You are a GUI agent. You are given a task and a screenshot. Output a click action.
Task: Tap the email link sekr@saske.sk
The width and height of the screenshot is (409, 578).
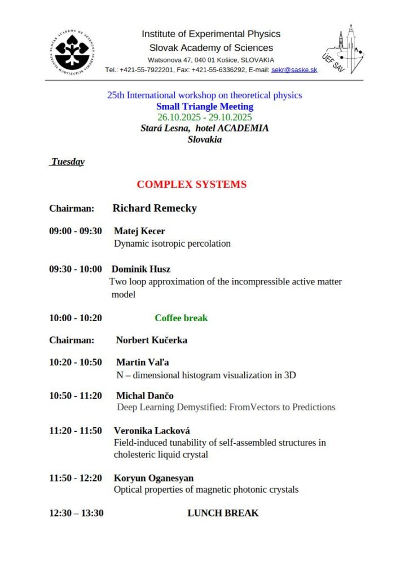(294, 69)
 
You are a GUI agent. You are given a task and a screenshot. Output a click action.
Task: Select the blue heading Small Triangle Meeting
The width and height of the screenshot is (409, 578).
(204, 106)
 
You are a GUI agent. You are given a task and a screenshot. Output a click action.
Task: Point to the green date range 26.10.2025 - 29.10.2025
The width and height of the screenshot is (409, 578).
(204, 117)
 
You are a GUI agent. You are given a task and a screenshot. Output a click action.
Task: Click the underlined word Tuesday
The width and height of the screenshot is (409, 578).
(68, 162)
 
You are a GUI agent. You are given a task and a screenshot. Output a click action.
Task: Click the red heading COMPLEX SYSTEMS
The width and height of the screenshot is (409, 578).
(191, 185)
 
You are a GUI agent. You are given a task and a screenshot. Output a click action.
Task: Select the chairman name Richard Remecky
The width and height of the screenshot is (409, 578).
(155, 208)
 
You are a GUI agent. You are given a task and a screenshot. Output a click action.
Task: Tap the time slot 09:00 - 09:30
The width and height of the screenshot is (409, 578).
(76, 231)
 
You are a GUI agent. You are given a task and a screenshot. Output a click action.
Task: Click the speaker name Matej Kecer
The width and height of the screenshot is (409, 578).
(139, 231)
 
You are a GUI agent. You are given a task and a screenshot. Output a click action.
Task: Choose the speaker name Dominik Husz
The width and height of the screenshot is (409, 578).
(141, 269)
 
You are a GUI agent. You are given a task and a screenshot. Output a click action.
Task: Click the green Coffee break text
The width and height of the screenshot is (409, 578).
(181, 318)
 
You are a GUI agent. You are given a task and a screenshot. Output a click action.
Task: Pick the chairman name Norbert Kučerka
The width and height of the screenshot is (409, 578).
(151, 340)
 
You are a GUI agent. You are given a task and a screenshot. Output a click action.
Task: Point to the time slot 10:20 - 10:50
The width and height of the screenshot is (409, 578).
(76, 362)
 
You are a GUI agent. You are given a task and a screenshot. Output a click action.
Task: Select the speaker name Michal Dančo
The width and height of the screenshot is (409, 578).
(145, 396)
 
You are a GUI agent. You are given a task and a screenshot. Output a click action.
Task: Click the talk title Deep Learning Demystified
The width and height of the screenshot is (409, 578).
(226, 408)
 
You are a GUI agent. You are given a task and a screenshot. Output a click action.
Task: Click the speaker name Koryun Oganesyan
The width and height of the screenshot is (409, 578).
(153, 479)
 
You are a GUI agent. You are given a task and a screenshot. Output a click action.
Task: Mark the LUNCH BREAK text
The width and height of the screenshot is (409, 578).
(223, 513)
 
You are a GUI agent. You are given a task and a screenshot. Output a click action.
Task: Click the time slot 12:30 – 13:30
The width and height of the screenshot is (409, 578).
(76, 513)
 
